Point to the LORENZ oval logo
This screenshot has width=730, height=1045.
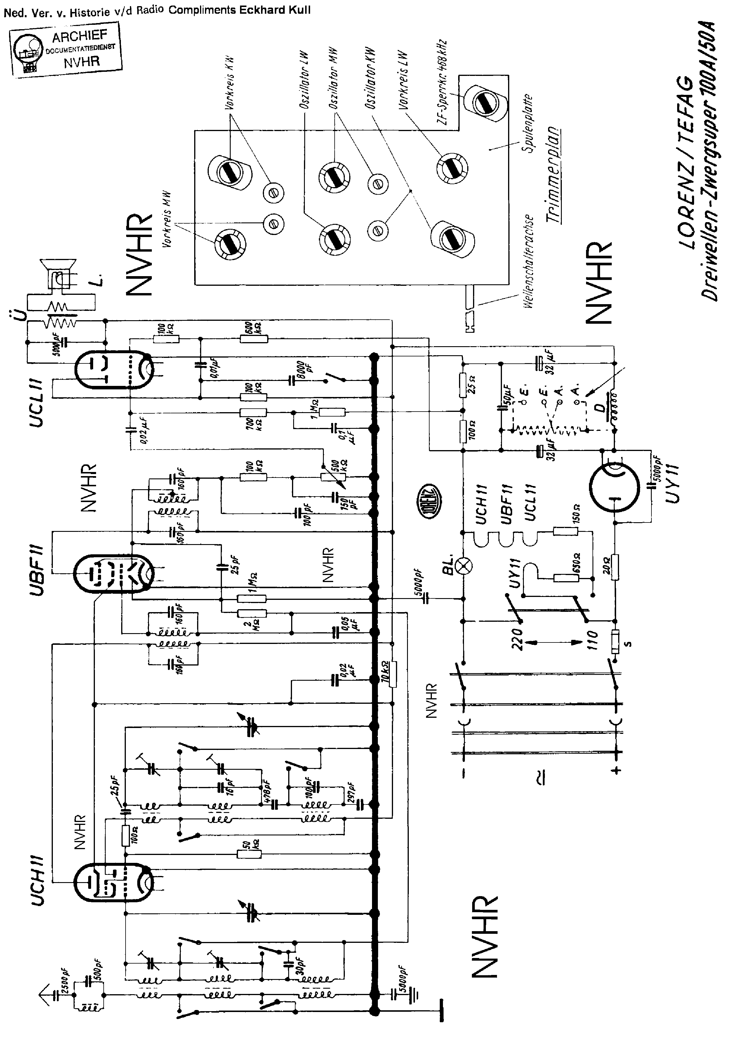click(428, 498)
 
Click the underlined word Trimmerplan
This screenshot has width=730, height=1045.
click(553, 175)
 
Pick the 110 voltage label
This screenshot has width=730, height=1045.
click(592, 640)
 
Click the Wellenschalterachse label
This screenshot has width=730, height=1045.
click(528, 262)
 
